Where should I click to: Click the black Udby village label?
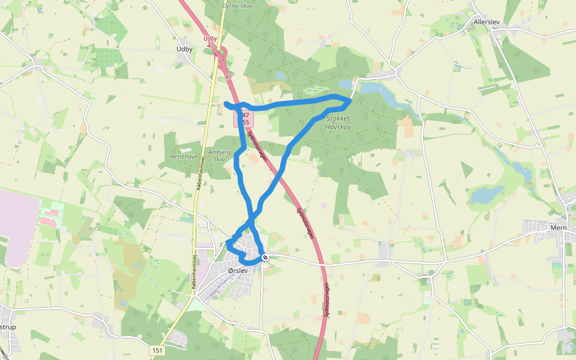pos(184,49)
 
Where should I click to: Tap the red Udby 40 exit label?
pos(209,41)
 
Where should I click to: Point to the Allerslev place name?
pos(487,22)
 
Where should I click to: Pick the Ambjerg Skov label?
pos(219,156)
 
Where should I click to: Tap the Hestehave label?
pos(184,156)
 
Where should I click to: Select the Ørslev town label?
pos(238,271)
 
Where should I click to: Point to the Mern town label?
pos(559,228)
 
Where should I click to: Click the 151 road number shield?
pos(157,350)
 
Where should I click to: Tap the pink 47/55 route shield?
pos(244,118)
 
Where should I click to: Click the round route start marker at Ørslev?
pos(265,257)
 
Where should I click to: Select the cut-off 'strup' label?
pos(7,327)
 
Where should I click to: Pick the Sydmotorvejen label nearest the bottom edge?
pos(326,300)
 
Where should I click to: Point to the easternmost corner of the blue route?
pos(350,100)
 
